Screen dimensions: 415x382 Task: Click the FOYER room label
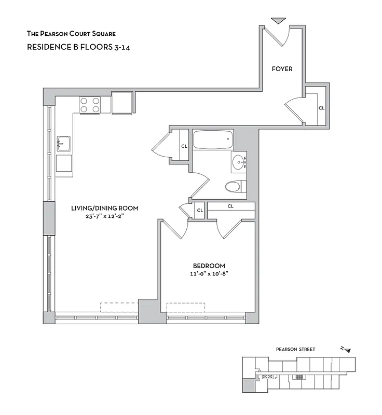(x=282, y=68)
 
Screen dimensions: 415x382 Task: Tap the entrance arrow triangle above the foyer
(x=279, y=21)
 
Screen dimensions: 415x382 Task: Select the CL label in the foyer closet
(x=321, y=108)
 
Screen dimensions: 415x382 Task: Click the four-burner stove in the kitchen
(x=90, y=105)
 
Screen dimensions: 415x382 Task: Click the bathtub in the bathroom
(x=213, y=140)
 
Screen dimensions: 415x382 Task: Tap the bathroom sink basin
(x=239, y=162)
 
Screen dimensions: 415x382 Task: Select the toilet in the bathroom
(x=235, y=186)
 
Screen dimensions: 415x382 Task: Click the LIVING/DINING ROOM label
(x=105, y=209)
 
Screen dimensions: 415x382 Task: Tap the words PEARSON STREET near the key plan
(x=295, y=350)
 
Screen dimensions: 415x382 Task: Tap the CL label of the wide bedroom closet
(x=230, y=206)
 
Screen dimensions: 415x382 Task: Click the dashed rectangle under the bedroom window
(x=185, y=307)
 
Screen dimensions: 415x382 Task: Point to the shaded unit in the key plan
(x=249, y=384)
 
